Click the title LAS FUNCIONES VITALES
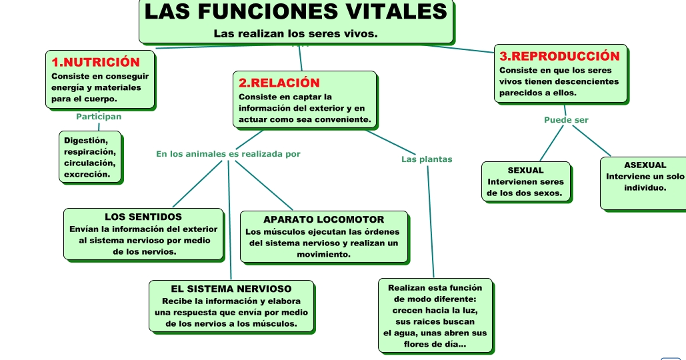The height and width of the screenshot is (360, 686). click(296, 11)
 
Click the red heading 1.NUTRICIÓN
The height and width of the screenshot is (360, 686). click(95, 62)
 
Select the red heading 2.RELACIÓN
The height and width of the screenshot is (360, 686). click(279, 83)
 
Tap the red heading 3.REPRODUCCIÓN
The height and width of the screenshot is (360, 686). click(559, 56)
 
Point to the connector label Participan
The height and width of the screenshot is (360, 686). click(99, 116)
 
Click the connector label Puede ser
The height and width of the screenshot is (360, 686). click(566, 120)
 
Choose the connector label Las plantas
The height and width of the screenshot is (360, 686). click(427, 159)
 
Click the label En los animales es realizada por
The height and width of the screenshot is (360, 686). click(228, 154)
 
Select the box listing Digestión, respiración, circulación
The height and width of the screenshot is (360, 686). click(91, 157)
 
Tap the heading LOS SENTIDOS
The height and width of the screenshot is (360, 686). click(143, 217)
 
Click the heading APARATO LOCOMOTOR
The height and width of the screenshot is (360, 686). click(323, 219)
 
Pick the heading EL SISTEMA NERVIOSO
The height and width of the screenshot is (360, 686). click(231, 289)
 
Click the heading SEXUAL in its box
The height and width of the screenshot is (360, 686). click(525, 171)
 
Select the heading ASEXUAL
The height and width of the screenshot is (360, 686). click(645, 165)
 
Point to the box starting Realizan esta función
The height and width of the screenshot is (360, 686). click(435, 316)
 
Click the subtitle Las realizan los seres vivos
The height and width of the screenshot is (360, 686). click(296, 33)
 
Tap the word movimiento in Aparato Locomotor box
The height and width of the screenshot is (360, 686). click(323, 255)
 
